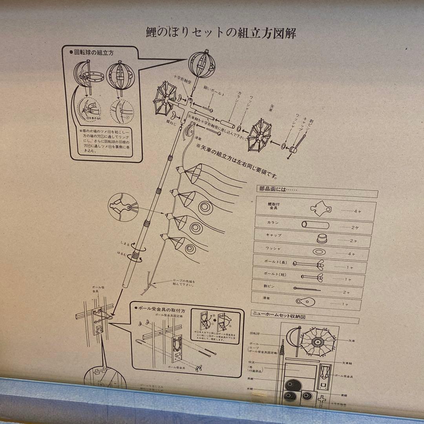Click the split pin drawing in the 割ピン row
click(x=307, y=289)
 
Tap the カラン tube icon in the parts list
click(x=315, y=225)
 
